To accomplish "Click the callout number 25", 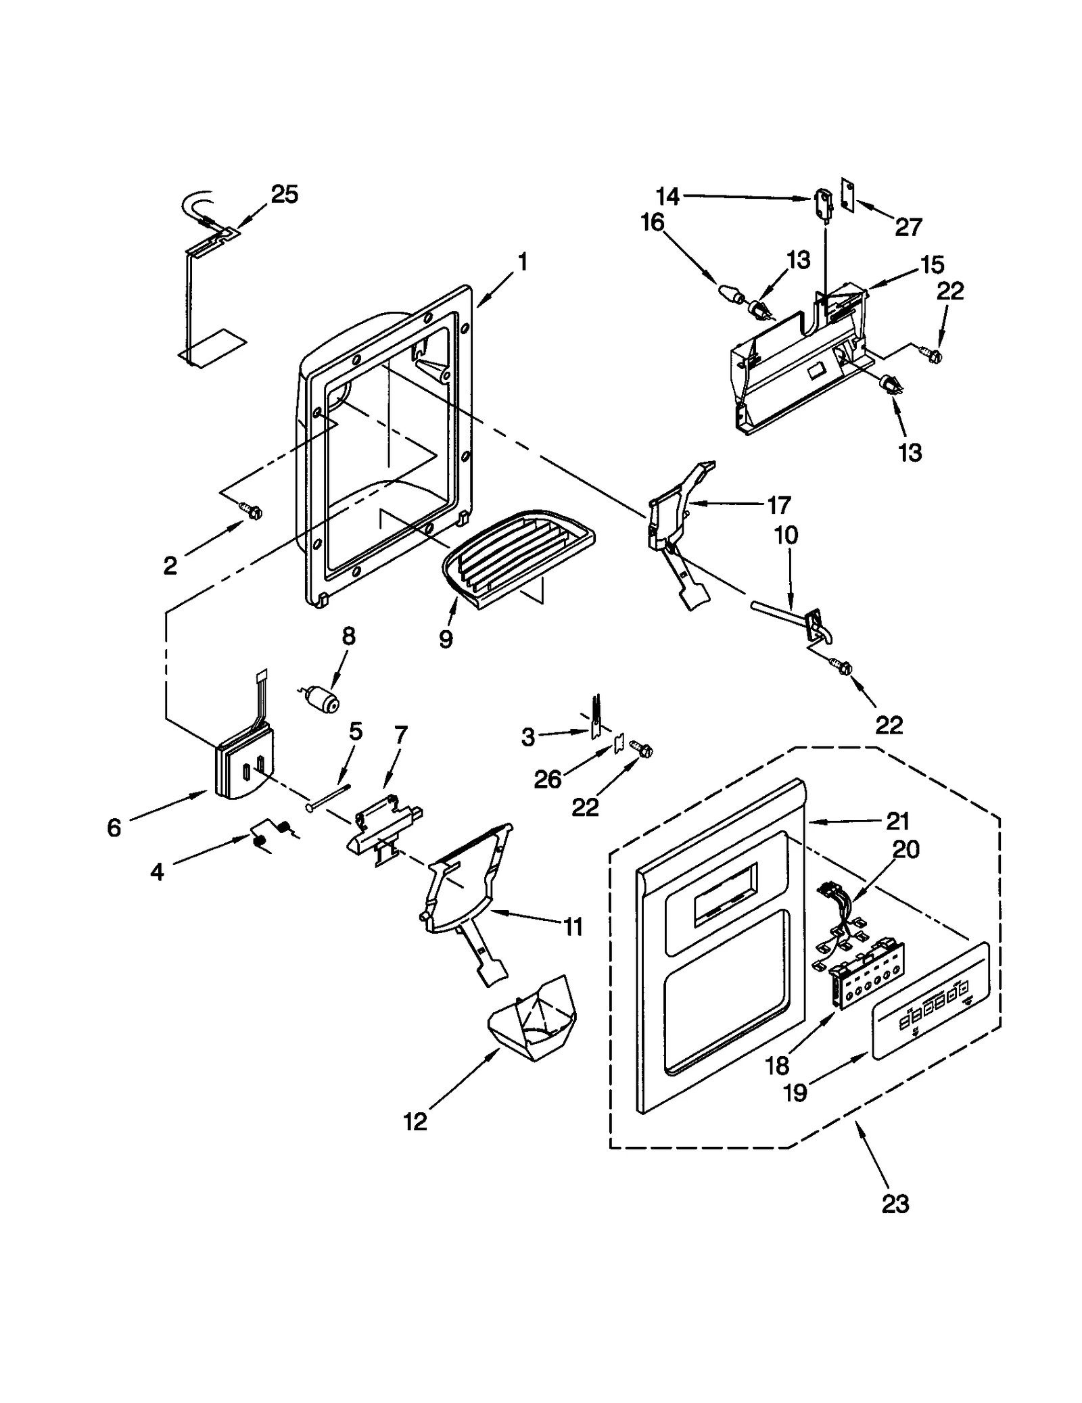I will (284, 195).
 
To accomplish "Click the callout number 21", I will (897, 822).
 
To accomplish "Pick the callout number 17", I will (778, 505).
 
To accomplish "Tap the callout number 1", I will (522, 262).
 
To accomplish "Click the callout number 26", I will (547, 780).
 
